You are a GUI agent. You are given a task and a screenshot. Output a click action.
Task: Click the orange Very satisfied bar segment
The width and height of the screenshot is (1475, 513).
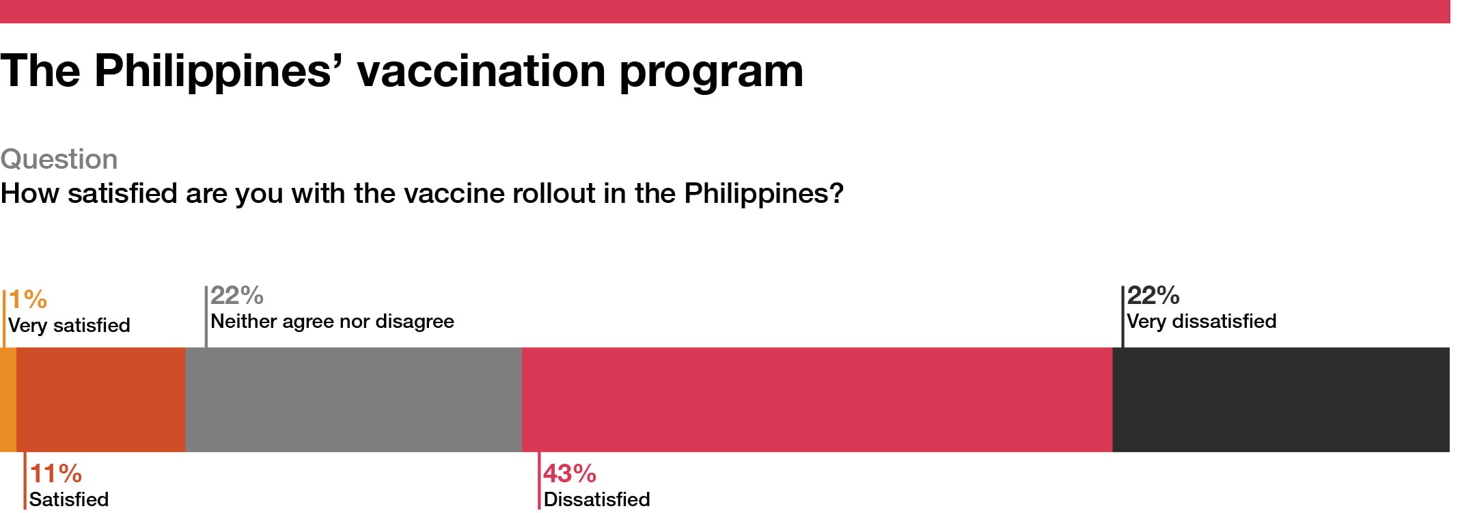pyautogui.click(x=8, y=400)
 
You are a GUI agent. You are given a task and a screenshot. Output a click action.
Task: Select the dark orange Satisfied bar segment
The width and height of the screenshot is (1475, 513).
pyautogui.click(x=101, y=400)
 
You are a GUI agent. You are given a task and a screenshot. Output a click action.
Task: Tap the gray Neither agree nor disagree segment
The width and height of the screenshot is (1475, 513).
pyautogui.click(x=354, y=400)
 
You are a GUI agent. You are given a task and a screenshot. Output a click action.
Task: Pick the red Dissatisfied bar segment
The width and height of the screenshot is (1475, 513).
pyautogui.click(x=818, y=400)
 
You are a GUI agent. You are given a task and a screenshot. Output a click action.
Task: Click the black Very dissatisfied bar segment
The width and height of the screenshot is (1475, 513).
pyautogui.click(x=1281, y=400)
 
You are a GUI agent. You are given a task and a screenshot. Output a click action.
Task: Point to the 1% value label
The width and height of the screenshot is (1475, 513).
pyautogui.click(x=28, y=299)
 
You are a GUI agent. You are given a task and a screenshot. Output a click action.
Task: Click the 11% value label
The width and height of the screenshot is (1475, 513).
pyautogui.click(x=56, y=473)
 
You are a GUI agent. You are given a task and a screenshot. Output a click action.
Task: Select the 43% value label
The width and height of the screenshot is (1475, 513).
pyautogui.click(x=570, y=473)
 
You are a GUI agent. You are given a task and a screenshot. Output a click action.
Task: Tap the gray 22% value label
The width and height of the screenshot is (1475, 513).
pyautogui.click(x=237, y=295)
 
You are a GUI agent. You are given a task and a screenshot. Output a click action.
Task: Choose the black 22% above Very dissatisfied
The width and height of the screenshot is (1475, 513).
pyautogui.click(x=1153, y=295)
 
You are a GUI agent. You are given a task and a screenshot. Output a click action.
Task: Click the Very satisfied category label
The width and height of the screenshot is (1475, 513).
pyautogui.click(x=69, y=325)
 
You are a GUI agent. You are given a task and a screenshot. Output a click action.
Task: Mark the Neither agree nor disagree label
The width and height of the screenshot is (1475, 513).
pyautogui.click(x=332, y=321)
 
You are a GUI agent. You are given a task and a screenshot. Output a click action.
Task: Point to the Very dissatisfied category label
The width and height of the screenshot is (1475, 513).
pyautogui.click(x=1202, y=321)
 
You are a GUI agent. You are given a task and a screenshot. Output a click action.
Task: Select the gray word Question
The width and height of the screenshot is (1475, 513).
pyautogui.click(x=59, y=159)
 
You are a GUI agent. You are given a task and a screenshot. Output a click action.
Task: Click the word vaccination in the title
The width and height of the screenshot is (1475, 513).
pyautogui.click(x=481, y=70)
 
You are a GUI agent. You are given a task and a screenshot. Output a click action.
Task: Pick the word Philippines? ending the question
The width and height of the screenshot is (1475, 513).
pyautogui.click(x=764, y=194)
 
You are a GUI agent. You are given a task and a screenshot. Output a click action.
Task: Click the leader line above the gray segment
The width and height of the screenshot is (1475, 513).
pyautogui.click(x=206, y=317)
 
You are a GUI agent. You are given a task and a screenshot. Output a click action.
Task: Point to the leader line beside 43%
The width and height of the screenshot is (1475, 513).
pyautogui.click(x=539, y=481)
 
